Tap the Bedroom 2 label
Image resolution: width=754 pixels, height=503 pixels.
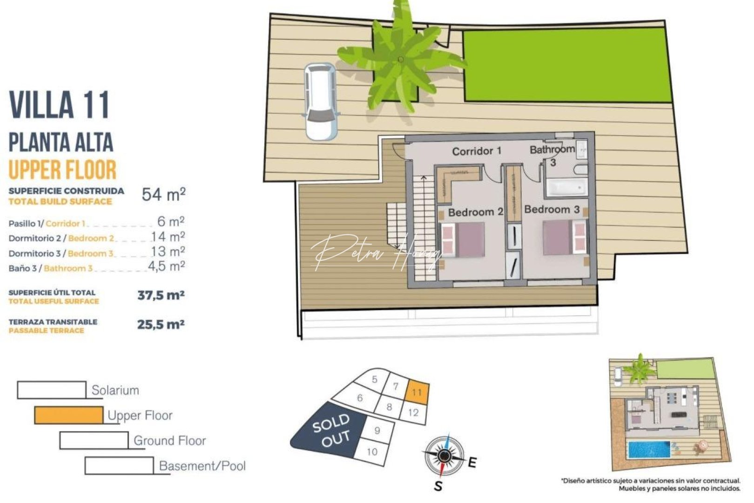pyautogui.click(x=475, y=212)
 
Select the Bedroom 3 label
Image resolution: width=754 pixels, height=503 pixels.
pyautogui.click(x=552, y=210)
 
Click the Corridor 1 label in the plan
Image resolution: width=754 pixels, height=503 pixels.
pyautogui.click(x=477, y=151)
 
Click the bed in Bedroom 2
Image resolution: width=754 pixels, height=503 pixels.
pyautogui.click(x=463, y=239)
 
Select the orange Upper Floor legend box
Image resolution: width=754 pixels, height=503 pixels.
pyautogui.click(x=69, y=415)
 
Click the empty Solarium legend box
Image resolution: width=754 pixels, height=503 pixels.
pyautogui.click(x=52, y=390)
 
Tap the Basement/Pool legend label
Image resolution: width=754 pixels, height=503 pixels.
pyautogui.click(x=202, y=466)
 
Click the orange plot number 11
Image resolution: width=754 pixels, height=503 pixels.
pyautogui.click(x=417, y=392)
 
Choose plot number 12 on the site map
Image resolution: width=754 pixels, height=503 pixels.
pyautogui.click(x=413, y=413)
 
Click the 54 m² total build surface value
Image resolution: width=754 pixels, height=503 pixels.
pyautogui.click(x=163, y=194)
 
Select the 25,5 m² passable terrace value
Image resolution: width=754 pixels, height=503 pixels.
pyautogui.click(x=161, y=325)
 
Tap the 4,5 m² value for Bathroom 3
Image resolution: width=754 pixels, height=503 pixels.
pyautogui.click(x=166, y=266)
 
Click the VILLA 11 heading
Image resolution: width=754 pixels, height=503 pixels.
pyautogui.click(x=59, y=105)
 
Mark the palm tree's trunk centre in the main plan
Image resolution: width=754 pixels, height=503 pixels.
pyautogui.click(x=401, y=60)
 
